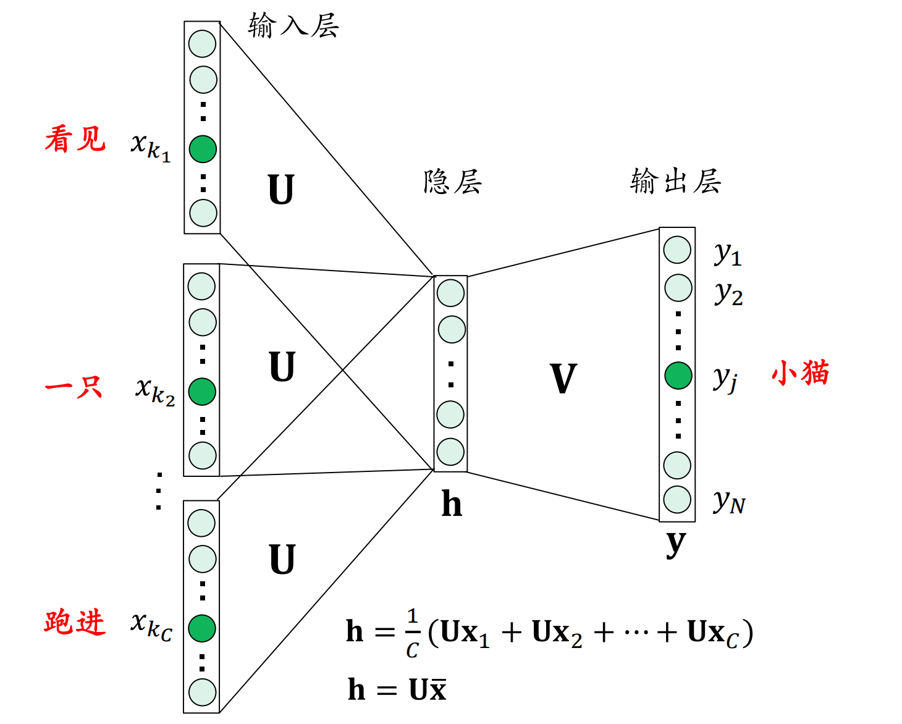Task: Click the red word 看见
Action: [75, 139]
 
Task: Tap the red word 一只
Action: [74, 387]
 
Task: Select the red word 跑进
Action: [75, 622]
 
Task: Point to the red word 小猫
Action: [800, 374]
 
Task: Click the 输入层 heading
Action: [293, 26]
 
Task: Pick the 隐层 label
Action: [452, 182]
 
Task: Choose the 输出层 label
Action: [675, 181]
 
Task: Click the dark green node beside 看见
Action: [203, 149]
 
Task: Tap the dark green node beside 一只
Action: [202, 392]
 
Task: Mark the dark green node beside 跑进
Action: [202, 628]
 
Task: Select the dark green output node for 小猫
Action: [678, 376]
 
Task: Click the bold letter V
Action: [563, 379]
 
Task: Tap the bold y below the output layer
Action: [676, 544]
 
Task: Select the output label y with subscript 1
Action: [728, 253]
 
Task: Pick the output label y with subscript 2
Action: [728, 293]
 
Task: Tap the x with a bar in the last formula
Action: [437, 689]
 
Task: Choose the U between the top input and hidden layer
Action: [281, 190]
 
